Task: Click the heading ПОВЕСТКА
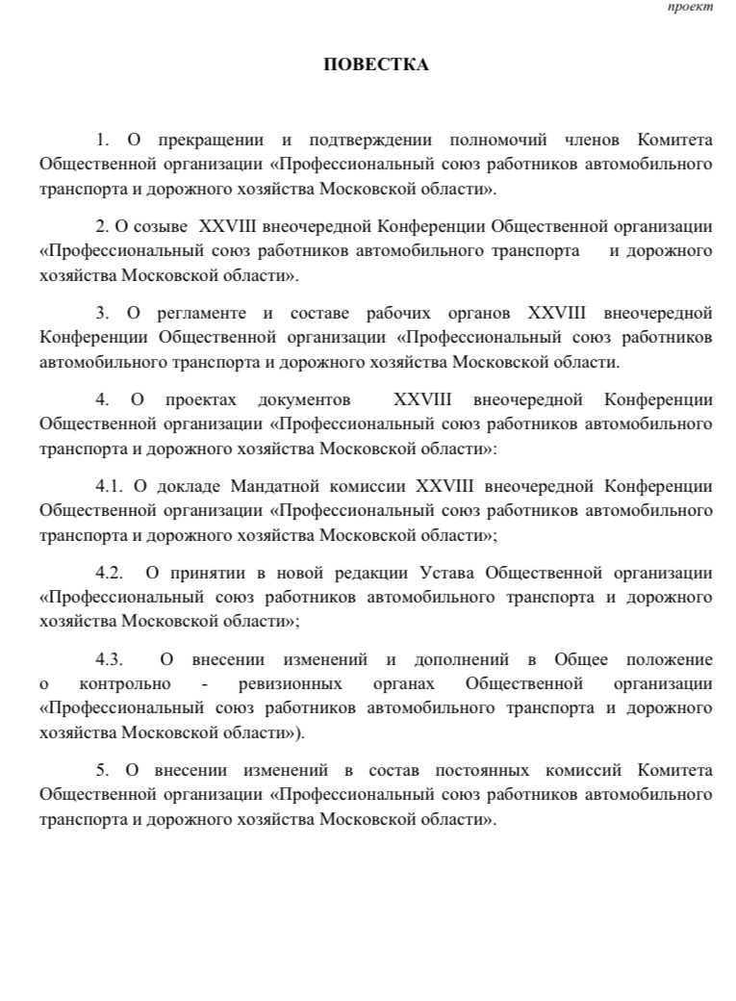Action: tap(375, 64)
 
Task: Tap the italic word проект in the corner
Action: tap(691, 8)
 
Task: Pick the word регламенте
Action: tap(196, 313)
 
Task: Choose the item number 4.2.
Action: tap(110, 574)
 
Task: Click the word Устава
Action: tap(448, 574)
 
